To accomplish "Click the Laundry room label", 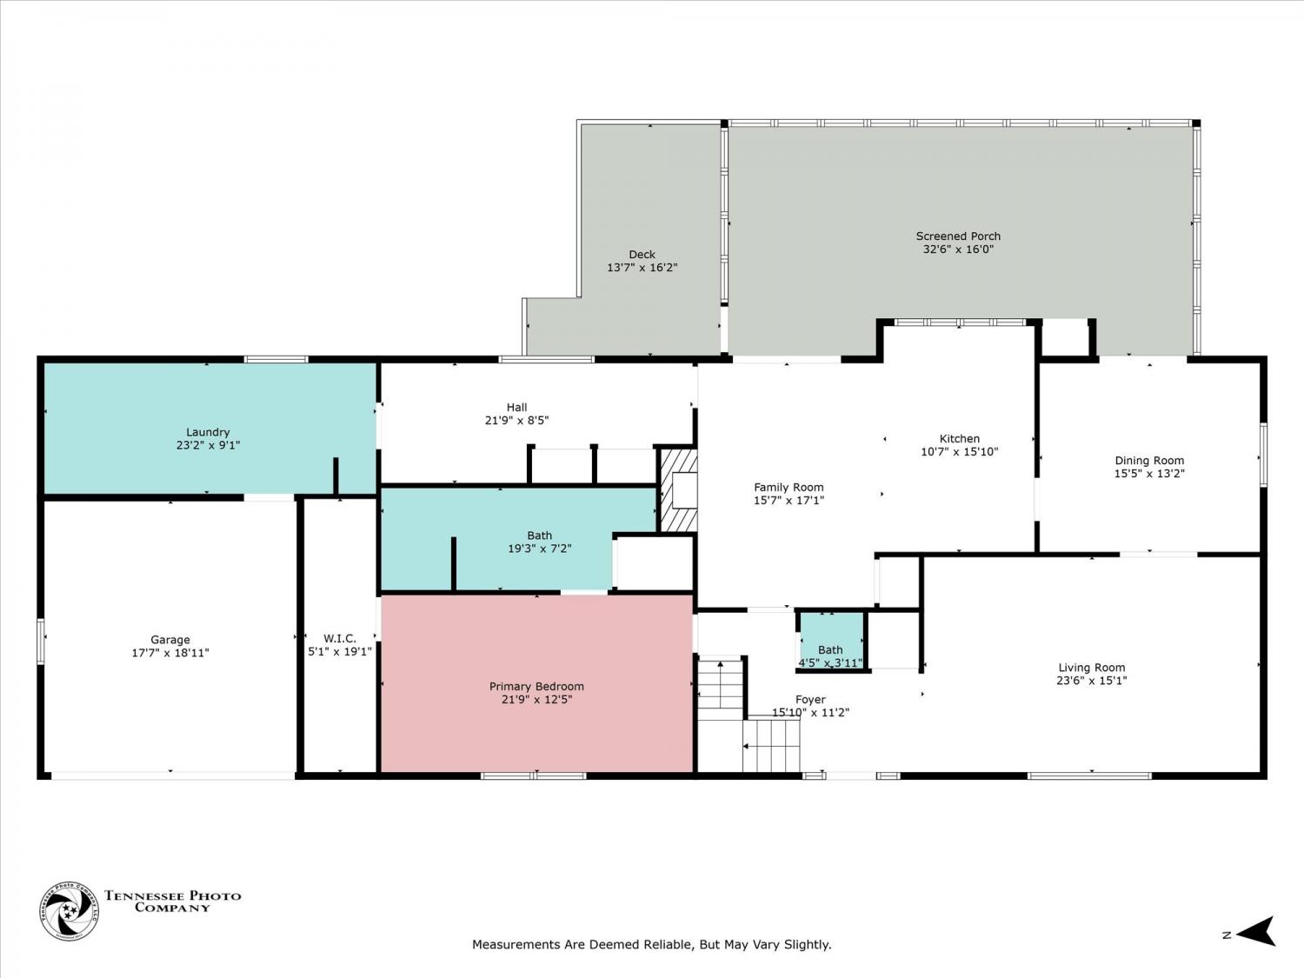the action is [x=207, y=432].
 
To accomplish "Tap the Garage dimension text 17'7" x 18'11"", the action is [x=170, y=653].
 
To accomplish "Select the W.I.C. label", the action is [x=340, y=639].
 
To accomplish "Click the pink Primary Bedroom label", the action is [x=536, y=687].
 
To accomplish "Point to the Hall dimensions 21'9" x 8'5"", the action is [x=517, y=421].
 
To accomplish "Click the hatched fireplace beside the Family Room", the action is [x=678, y=490].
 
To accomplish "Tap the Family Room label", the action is [x=789, y=488].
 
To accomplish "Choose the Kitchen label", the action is [x=960, y=439].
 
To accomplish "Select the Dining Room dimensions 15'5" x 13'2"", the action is [x=1149, y=474].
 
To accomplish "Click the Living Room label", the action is [x=1092, y=668].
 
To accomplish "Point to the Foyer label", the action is [x=810, y=700].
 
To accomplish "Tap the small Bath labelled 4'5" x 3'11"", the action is [x=830, y=656].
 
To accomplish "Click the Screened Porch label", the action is [x=958, y=236].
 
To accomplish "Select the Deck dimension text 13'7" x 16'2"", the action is [x=642, y=268].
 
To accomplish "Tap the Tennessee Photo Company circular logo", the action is [x=69, y=911].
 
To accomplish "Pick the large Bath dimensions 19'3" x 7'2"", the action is [x=540, y=549].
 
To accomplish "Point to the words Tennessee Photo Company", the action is [x=173, y=901].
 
